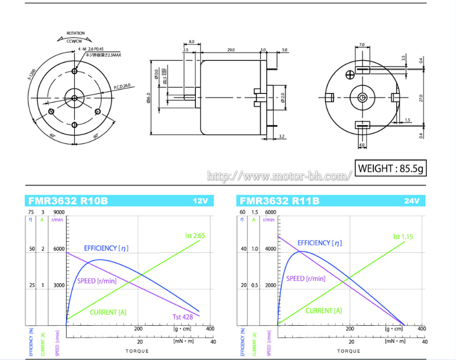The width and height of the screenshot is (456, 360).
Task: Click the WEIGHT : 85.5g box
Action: point(390,169)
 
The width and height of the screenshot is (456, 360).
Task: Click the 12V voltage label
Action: point(202,201)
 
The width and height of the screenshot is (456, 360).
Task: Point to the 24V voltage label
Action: point(412,201)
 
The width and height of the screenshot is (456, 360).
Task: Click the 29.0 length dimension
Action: point(231,50)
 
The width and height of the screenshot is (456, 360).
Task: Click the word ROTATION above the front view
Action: point(76,34)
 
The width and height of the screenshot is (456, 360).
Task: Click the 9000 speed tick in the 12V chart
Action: point(59,212)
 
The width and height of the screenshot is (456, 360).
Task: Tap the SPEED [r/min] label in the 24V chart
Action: point(306,279)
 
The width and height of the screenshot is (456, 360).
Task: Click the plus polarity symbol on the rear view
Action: point(349,73)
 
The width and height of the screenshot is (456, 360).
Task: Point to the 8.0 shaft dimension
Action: point(191,42)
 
